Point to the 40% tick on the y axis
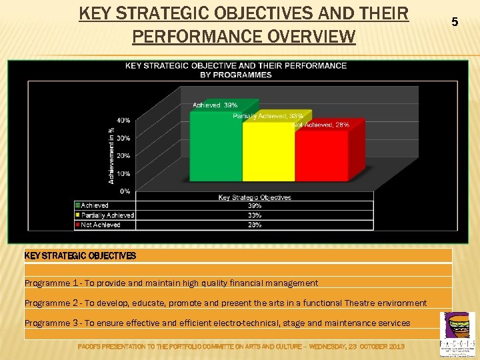point(123,121)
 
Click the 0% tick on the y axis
point(125,191)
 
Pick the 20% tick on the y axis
point(123,156)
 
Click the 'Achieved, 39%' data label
point(215,105)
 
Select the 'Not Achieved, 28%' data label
point(321,125)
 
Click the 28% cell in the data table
point(255,225)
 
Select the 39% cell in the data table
point(255,206)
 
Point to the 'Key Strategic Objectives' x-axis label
point(255,197)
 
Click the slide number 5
point(455,22)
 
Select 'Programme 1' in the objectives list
point(51,283)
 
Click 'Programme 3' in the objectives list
point(51,323)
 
